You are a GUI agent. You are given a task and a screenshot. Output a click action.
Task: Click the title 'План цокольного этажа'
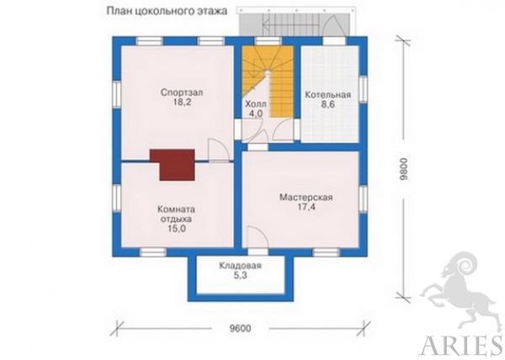tap(167, 11)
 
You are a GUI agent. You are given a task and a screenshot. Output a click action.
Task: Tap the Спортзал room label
tap(182, 93)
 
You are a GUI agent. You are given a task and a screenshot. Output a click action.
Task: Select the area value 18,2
tap(182, 103)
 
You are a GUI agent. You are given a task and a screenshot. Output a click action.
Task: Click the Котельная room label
tap(328, 95)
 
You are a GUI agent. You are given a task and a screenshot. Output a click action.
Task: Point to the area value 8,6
tap(328, 105)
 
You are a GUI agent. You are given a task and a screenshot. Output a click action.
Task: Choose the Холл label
tap(256, 104)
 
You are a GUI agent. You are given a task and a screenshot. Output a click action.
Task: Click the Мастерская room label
tap(306, 197)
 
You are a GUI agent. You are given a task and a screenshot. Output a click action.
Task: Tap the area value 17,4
tap(306, 207)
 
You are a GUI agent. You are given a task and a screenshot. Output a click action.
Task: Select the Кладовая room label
tap(241, 266)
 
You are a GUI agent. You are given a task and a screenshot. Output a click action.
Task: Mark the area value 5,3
tap(241, 276)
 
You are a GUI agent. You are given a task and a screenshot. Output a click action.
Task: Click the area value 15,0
tap(177, 229)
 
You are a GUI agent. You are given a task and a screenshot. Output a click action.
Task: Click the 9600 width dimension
tap(240, 329)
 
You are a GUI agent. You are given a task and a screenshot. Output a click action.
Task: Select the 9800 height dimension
tap(404, 168)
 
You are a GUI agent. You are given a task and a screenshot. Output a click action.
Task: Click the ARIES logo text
tap(461, 346)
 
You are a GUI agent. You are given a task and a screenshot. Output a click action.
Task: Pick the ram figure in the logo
tap(459, 291)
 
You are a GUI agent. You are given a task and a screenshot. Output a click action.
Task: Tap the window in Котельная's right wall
tap(363, 89)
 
